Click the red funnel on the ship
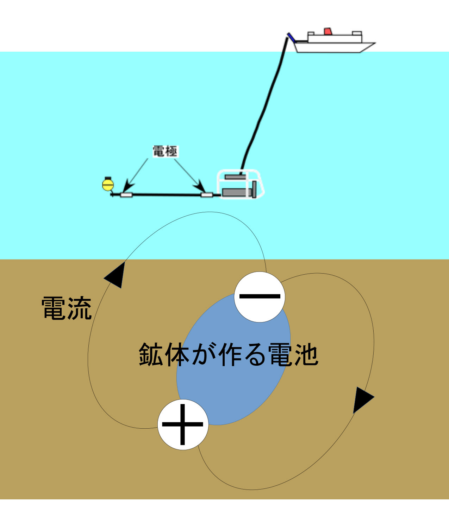[328, 31]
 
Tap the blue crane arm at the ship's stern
[291, 37]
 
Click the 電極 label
[165, 151]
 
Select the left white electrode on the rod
[126, 195]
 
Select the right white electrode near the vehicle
[207, 195]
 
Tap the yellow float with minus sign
[108, 184]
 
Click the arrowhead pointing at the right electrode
[200, 186]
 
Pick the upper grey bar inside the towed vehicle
[236, 177]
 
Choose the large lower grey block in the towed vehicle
[236, 192]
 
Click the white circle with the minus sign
[260, 297]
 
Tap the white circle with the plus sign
[183, 424]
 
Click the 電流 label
[67, 308]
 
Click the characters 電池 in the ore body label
[293, 354]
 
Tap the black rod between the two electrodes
[167, 195]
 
